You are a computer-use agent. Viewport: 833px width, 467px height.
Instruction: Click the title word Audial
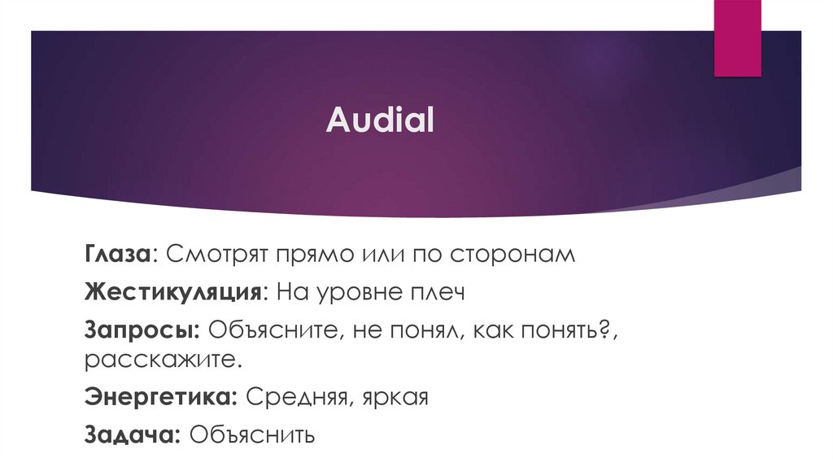(381, 120)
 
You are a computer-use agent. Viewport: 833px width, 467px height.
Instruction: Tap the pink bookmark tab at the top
(737, 37)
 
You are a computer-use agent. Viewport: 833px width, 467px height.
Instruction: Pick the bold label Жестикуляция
(172, 292)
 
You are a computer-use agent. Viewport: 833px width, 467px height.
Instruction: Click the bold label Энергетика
(160, 398)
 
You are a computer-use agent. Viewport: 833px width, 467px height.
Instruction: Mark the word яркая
(393, 399)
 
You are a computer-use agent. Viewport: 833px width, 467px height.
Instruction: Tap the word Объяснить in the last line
(252, 434)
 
